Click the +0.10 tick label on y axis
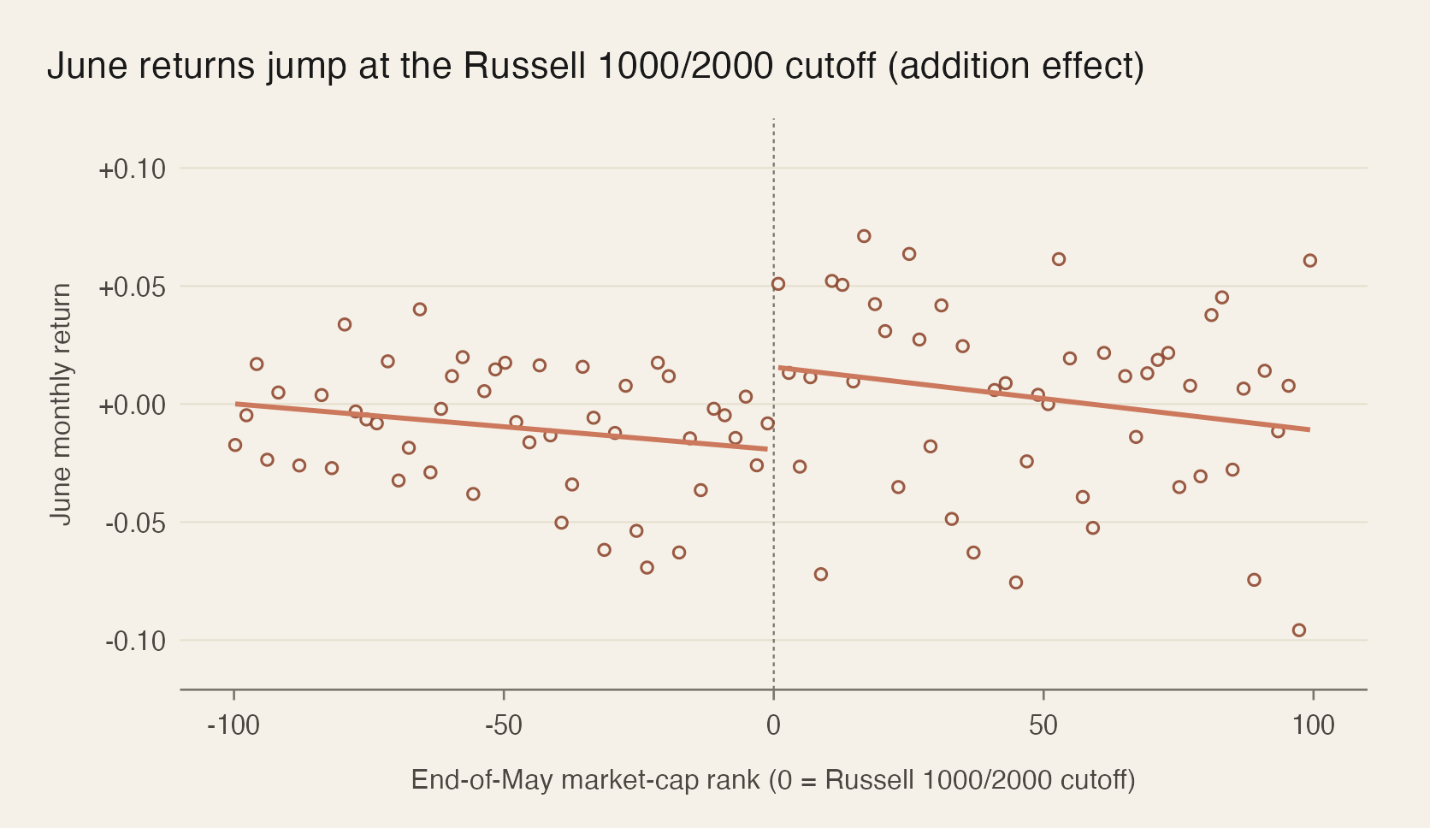[x=132, y=169]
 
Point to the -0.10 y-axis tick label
[x=134, y=641]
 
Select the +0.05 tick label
[x=132, y=287]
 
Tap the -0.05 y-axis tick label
[x=134, y=523]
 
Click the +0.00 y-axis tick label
[x=132, y=405]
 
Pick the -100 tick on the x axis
[x=233, y=726]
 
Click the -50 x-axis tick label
[x=503, y=726]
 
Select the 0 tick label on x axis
[x=773, y=726]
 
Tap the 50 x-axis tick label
[x=1043, y=726]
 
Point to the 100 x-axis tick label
[x=1313, y=726]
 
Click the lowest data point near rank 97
[x=1298, y=630]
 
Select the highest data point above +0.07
[x=864, y=236]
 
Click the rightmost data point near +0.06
[x=1309, y=261]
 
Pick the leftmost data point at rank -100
[x=235, y=445]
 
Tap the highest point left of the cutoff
[x=419, y=310]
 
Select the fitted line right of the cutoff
[x=1043, y=399]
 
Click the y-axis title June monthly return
[x=61, y=404]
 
